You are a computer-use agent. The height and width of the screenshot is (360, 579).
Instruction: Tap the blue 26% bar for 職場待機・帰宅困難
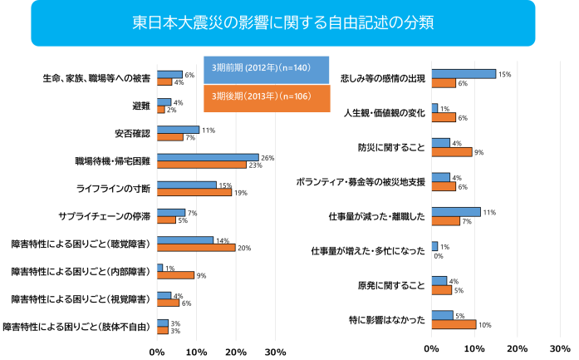click(208, 157)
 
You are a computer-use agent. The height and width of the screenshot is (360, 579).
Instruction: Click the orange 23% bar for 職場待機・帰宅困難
click(202, 165)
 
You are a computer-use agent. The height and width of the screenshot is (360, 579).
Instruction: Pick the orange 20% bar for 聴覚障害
click(196, 247)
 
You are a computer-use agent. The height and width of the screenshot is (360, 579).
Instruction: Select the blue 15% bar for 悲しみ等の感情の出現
click(464, 74)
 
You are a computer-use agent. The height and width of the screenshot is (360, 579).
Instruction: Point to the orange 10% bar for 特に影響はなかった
click(454, 324)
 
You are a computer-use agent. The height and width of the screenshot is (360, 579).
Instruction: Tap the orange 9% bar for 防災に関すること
click(451, 152)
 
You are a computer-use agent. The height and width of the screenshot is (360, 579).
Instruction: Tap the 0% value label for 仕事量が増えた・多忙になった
click(438, 256)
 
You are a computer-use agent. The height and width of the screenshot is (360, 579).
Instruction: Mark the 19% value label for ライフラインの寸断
click(240, 193)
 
